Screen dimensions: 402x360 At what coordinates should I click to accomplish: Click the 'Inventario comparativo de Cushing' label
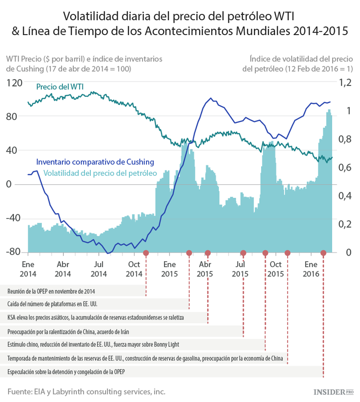(x=95, y=161)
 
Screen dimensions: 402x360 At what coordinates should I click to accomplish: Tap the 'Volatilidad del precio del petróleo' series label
(x=100, y=172)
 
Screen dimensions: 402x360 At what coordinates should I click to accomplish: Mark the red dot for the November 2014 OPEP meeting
(x=146, y=253)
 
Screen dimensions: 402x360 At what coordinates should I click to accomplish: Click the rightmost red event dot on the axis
(x=324, y=253)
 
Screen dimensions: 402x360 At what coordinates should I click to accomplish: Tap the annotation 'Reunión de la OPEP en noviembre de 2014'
(x=51, y=291)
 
